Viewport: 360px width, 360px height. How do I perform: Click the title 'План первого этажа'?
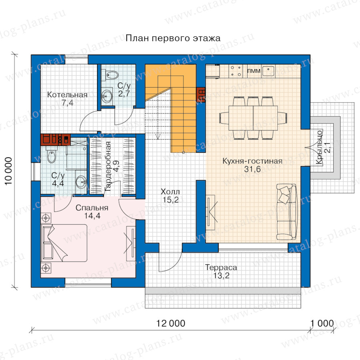(x=173, y=38)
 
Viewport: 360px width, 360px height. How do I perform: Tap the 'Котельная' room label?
(x=67, y=94)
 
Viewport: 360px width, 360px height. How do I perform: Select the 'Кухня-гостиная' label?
(x=252, y=161)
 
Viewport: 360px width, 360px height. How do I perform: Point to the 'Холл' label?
(x=170, y=192)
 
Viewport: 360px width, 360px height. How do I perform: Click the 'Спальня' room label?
(x=92, y=208)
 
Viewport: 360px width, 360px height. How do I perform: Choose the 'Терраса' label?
(x=221, y=268)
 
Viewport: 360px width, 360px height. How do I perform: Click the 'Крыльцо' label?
(x=319, y=147)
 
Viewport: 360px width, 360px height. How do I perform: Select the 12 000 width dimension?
(x=170, y=324)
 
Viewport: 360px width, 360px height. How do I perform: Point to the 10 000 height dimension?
(x=8, y=171)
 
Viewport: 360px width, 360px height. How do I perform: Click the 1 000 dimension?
(x=322, y=324)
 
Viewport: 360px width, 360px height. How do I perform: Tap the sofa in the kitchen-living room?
(x=287, y=212)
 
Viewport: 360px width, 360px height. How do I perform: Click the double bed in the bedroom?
(x=64, y=243)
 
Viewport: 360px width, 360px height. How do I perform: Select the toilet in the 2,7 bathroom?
(x=110, y=75)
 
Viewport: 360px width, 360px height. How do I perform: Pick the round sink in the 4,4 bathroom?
(x=81, y=182)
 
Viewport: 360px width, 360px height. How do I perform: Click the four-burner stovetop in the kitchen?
(x=236, y=71)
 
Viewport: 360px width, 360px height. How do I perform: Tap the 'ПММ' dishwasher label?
(x=254, y=71)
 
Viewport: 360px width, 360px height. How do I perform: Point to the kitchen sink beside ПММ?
(x=268, y=71)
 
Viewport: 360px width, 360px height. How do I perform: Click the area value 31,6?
(x=252, y=169)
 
